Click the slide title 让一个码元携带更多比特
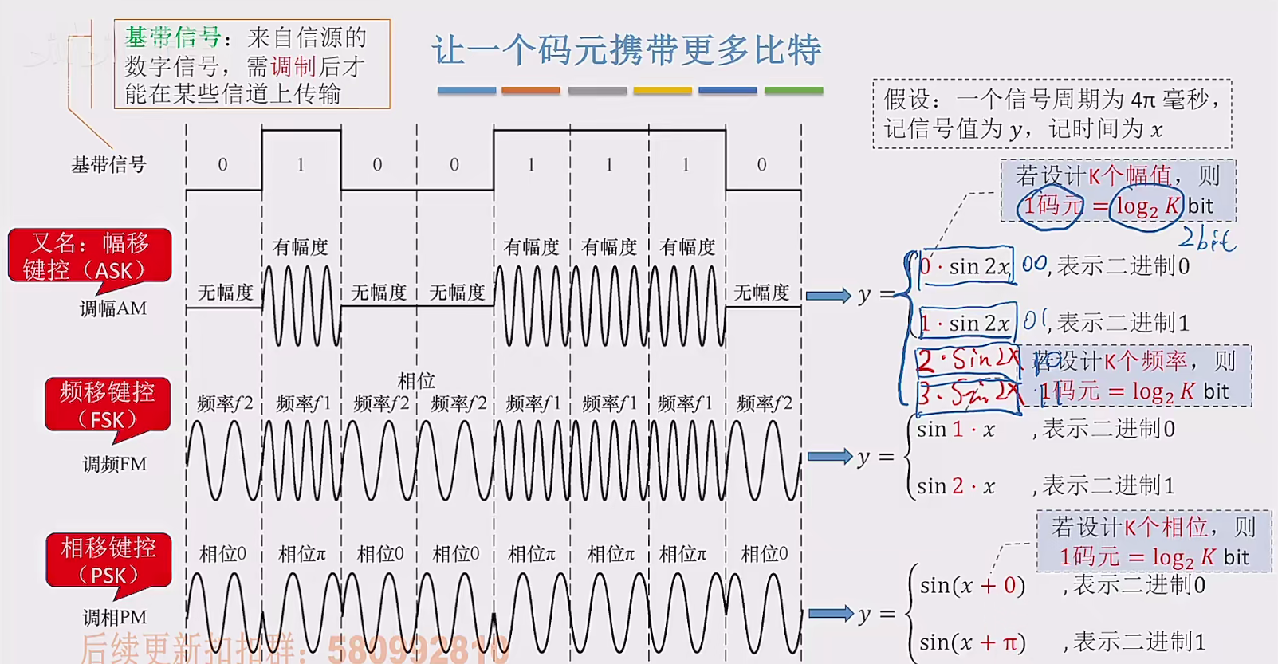coord(627,50)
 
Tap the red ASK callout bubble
coord(89,256)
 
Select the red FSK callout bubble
coord(108,405)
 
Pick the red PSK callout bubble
coord(108,560)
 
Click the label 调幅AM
coord(113,308)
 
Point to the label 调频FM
coord(115,464)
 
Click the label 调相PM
coord(115,617)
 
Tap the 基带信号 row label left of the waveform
coord(109,165)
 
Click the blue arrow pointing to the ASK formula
coord(828,296)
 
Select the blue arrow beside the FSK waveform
coord(830,457)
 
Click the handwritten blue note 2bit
coord(1207,238)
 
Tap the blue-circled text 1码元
coord(1052,206)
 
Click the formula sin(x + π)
coord(972,642)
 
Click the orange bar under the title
coord(531,91)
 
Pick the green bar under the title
coord(793,91)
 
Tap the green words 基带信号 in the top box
coord(172,37)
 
